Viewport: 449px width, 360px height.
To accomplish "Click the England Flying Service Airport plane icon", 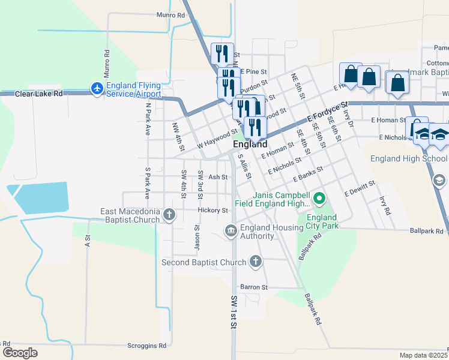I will (x=97, y=89).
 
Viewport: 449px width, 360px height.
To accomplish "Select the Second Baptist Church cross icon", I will (x=256, y=262).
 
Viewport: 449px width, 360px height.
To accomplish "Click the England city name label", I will (x=250, y=145).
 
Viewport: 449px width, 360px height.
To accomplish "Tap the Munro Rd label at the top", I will (x=170, y=15).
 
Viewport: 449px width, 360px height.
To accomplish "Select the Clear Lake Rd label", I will (x=39, y=94).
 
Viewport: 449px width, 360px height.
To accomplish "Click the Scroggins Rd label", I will (x=146, y=346).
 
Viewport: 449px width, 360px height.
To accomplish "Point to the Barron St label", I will (x=253, y=287).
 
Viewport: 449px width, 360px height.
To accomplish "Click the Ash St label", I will (x=218, y=177).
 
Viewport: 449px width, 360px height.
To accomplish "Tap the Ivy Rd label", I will (x=384, y=206).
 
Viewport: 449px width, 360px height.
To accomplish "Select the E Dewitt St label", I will (x=360, y=188).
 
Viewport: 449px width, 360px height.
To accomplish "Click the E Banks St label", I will (x=308, y=175).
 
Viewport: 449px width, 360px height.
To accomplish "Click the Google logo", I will (x=19, y=352).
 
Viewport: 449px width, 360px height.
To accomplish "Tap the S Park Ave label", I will (x=146, y=183).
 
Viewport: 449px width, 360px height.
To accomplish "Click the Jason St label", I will (x=196, y=237).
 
